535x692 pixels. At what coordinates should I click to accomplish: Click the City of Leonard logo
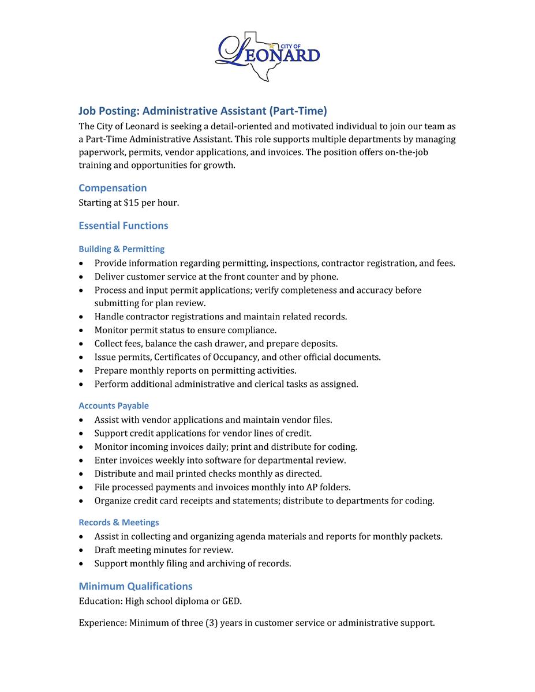click(267, 55)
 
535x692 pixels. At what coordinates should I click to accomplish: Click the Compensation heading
click(113, 188)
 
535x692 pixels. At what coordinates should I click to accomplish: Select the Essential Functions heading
click(124, 225)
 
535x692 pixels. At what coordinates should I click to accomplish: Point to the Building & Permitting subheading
click(121, 249)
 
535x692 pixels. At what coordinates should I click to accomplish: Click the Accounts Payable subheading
click(114, 406)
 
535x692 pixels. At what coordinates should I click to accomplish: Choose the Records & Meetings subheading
click(118, 522)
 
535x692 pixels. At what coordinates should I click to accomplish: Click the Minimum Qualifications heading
click(136, 586)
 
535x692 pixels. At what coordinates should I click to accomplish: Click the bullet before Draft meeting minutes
click(82, 551)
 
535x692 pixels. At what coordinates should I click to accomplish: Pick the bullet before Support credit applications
click(82, 434)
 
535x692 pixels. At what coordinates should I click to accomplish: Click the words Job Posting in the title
click(107, 111)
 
